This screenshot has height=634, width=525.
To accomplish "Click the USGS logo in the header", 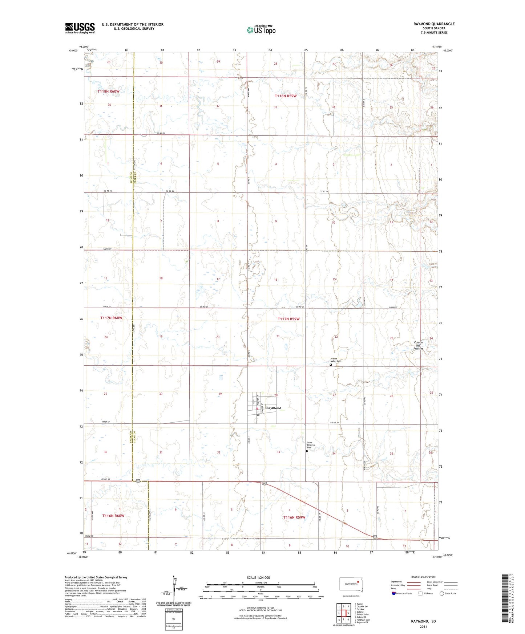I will click(x=80, y=28).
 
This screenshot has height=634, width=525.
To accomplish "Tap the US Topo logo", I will click(x=261, y=30).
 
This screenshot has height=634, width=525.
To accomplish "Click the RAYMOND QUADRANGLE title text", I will click(x=434, y=24).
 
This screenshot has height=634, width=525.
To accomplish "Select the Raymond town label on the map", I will click(x=274, y=408).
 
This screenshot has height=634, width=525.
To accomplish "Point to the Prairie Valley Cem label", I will click(x=336, y=360).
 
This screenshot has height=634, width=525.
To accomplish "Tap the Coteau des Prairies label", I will click(x=418, y=345).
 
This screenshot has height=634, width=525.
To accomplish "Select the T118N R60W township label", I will click(x=108, y=92).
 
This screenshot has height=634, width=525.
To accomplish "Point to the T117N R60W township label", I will click(x=111, y=318).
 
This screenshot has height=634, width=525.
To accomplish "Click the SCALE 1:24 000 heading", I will click(x=258, y=578).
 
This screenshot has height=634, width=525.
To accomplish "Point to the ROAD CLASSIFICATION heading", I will click(x=423, y=577).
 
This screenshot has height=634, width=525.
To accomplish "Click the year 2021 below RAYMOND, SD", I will click(x=423, y=626).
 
